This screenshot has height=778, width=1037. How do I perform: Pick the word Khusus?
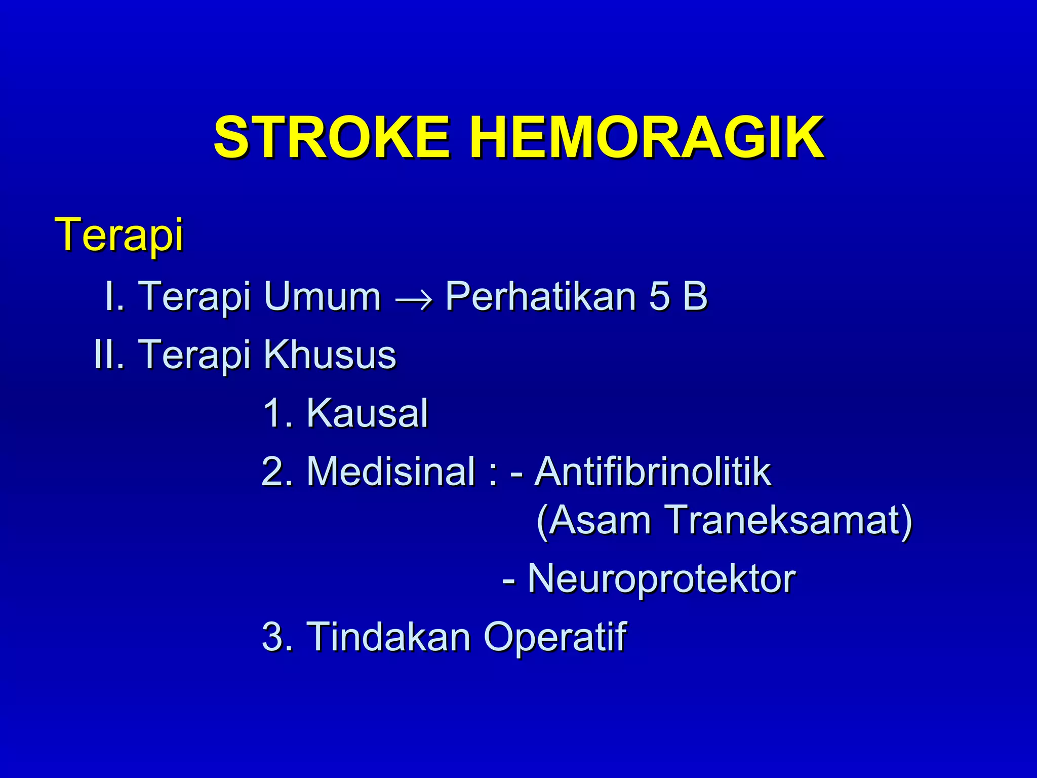[330, 354]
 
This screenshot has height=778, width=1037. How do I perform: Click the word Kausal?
[367, 413]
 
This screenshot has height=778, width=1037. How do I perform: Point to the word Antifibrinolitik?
[653, 471]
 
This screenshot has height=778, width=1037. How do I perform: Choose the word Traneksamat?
[787, 520]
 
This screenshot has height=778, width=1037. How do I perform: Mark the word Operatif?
[555, 636]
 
